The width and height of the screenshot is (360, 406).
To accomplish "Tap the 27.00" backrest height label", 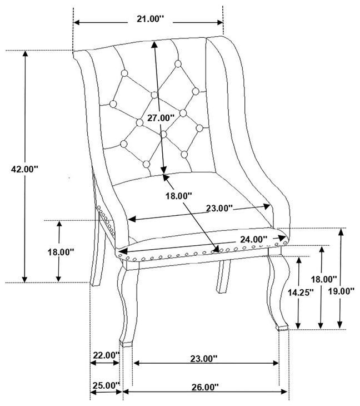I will pos(161,117).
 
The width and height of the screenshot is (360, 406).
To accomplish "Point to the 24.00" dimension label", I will pos(253,239).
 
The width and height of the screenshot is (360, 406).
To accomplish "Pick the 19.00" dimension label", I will pos(341,291).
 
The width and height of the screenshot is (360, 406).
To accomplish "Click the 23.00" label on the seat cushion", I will pos(218,209).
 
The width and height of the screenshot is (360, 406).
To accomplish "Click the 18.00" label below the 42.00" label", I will pos(61,252).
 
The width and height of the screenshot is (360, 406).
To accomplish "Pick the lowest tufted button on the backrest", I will pos(146,164).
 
